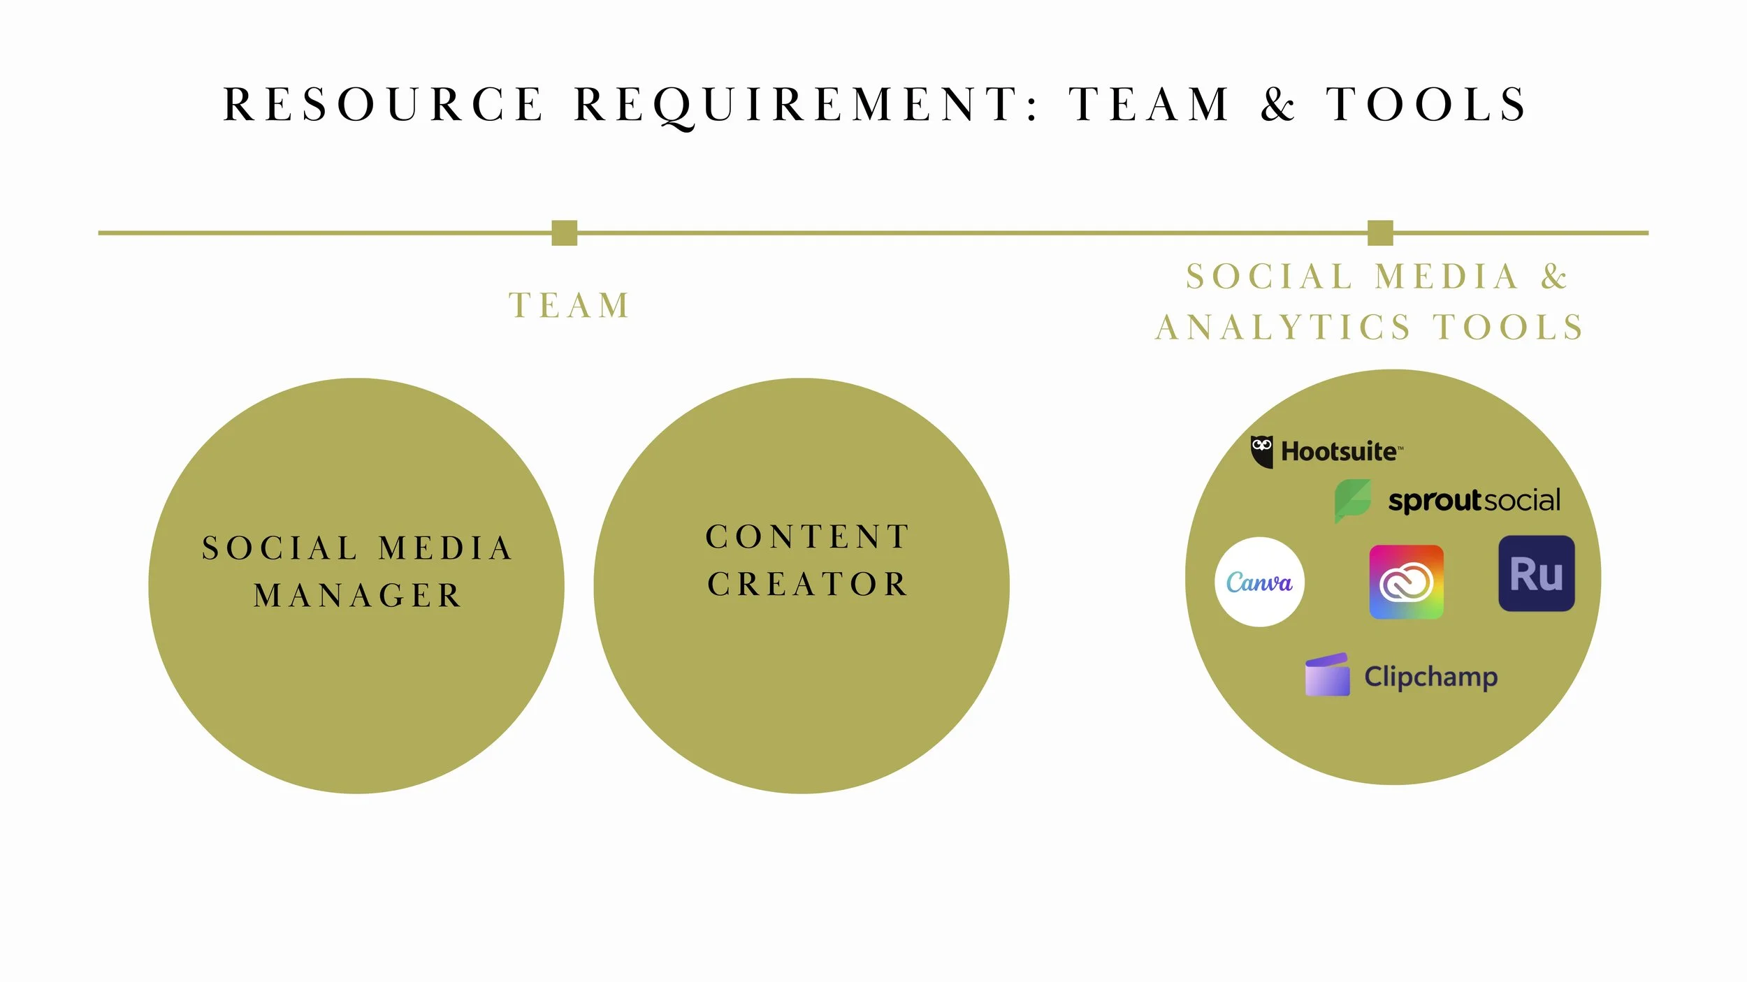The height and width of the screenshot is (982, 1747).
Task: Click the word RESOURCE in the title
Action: [x=383, y=105]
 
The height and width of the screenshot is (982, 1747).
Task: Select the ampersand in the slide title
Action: [x=1278, y=105]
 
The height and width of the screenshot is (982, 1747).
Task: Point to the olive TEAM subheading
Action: [x=570, y=305]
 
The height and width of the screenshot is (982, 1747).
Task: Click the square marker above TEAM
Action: [x=564, y=233]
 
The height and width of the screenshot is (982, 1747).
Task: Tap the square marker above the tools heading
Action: [x=1380, y=233]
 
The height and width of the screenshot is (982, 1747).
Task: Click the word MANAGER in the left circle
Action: [x=357, y=596]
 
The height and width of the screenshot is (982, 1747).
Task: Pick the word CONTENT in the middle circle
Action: [x=808, y=537]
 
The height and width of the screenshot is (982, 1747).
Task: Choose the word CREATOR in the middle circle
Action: [x=808, y=584]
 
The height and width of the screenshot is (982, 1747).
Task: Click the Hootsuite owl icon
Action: [x=1262, y=452]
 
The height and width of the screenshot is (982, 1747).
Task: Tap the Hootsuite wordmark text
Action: [x=1341, y=452]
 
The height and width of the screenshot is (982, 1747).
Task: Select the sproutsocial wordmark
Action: [x=1474, y=501]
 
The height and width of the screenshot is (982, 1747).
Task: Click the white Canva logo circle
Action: [x=1260, y=582]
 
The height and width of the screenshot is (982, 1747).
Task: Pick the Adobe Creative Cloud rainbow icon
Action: [x=1407, y=582]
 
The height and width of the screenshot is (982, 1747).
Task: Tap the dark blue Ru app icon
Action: [x=1537, y=573]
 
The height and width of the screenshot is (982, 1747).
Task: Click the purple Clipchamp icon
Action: [x=1328, y=675]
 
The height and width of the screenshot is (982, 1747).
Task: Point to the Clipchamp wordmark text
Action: [x=1431, y=677]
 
